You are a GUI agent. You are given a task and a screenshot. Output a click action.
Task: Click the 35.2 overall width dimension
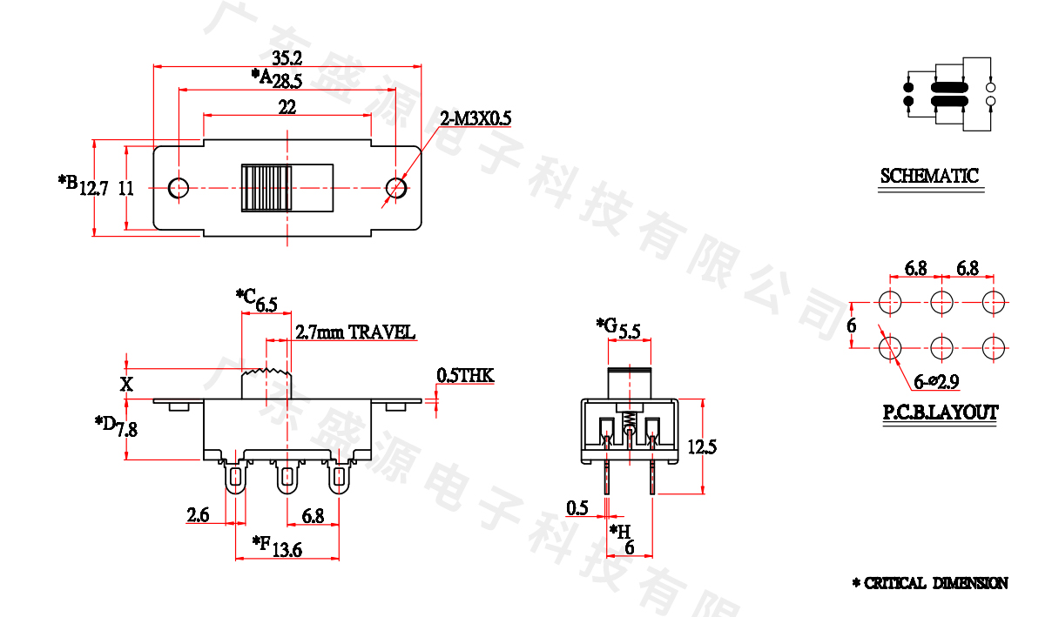point(287,58)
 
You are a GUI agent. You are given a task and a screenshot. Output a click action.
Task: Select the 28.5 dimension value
point(287,82)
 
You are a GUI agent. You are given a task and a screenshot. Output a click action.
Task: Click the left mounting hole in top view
point(179,187)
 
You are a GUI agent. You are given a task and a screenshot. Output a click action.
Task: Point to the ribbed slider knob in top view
point(266,187)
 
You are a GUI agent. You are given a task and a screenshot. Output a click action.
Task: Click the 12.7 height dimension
point(93,188)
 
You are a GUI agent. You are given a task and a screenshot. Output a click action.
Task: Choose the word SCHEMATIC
point(929,176)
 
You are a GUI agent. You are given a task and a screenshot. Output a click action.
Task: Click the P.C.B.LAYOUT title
point(941,412)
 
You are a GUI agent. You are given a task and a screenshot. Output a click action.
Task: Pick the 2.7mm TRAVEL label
point(355,332)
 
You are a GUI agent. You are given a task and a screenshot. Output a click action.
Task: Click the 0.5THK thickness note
point(465,376)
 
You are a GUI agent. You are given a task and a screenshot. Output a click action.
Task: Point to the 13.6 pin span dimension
point(287,549)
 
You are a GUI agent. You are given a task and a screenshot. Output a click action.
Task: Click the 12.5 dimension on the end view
point(701,447)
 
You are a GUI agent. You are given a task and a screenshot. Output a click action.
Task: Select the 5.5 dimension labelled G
point(630,332)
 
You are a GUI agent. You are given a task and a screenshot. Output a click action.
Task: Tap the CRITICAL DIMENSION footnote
point(930,583)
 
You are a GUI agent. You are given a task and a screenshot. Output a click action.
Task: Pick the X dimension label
point(127,384)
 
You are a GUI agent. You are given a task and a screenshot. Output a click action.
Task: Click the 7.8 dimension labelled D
point(127,429)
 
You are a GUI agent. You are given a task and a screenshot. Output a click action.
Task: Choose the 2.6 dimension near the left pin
point(198,515)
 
